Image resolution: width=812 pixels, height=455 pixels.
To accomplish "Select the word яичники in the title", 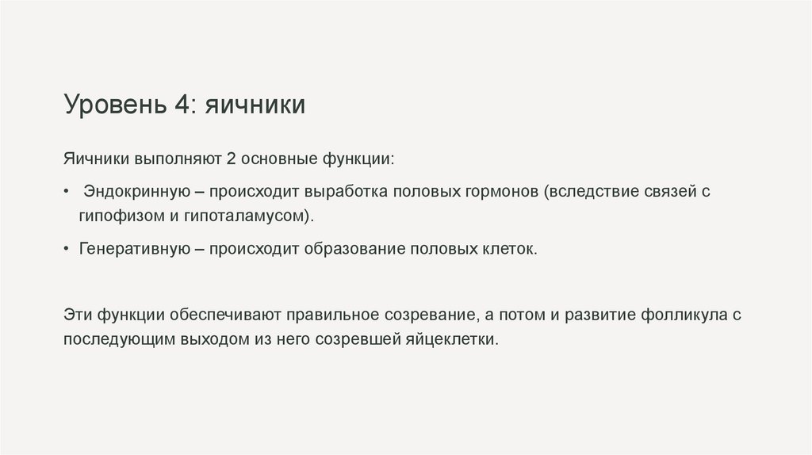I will click(256, 105).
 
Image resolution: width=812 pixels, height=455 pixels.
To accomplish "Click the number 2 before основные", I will click(231, 159).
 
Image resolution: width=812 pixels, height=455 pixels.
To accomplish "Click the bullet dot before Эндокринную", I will click(68, 193).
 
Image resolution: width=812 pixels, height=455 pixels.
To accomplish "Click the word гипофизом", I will click(115, 216).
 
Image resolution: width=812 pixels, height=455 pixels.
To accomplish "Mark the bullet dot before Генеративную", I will click(68, 249).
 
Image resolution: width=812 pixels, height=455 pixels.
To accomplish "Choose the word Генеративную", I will click(131, 249).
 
